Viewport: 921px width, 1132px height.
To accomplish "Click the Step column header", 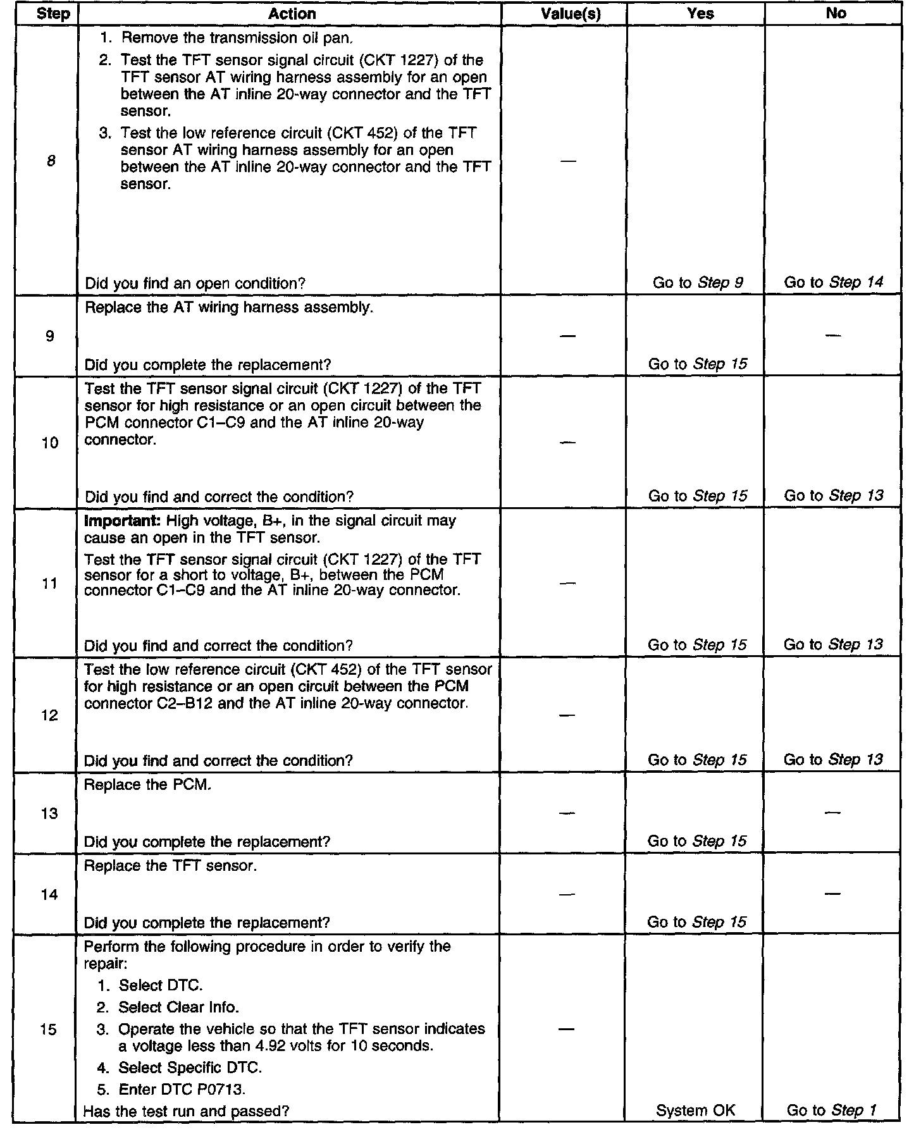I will coord(53,13).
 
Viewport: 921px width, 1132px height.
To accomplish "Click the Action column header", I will coord(292,13).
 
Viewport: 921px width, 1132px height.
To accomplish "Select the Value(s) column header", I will coord(571,13).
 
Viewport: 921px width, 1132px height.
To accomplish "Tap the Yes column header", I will coord(700,13).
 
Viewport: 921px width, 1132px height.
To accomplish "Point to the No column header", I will coord(836,13).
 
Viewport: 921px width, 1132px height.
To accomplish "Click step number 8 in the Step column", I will coord(51,161).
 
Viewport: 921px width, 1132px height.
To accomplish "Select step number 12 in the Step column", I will coord(50,715).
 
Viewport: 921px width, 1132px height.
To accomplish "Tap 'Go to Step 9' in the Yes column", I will coord(698,283).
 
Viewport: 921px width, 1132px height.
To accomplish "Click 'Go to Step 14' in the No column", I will coord(833,282).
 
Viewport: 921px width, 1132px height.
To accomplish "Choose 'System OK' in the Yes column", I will coord(695,1110).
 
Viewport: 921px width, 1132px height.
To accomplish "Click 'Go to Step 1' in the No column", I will coord(832,1110).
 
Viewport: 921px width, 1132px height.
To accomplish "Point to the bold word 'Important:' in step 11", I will coord(111,521).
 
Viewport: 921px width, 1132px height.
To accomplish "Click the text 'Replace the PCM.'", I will coord(147,785).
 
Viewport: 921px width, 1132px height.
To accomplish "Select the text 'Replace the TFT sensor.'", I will coord(170,866).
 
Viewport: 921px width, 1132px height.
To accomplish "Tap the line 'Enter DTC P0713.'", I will coord(182,1089).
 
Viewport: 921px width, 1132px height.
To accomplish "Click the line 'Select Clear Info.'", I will coord(179,1007).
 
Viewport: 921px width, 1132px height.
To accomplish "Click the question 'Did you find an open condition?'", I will coord(195,283).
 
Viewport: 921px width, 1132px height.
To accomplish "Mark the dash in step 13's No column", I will coord(833,813).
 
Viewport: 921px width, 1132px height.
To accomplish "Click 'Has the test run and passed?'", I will coord(187,1110).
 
